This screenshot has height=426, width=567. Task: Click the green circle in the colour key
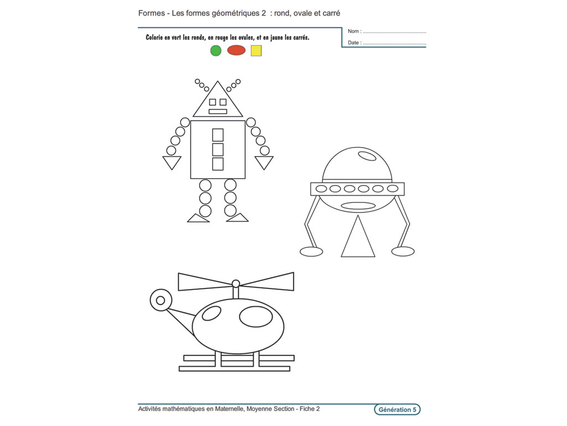point(216,50)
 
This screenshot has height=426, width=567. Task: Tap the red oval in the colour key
point(236,50)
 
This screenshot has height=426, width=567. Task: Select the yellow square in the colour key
point(256,50)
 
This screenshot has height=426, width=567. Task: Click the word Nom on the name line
point(354,32)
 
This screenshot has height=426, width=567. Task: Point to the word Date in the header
point(354,43)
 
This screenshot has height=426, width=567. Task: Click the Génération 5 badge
point(397,410)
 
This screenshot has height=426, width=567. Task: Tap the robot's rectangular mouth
point(218,111)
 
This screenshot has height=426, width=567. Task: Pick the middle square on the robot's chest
point(218,149)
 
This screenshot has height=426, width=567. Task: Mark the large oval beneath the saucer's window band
point(358,206)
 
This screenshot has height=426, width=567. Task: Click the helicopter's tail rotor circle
point(161,300)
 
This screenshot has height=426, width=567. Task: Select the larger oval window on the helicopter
point(255,316)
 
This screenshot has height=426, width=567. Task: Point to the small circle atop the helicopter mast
point(236,283)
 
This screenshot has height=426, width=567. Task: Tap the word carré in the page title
point(329,13)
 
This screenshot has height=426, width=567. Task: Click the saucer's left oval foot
point(311,251)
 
